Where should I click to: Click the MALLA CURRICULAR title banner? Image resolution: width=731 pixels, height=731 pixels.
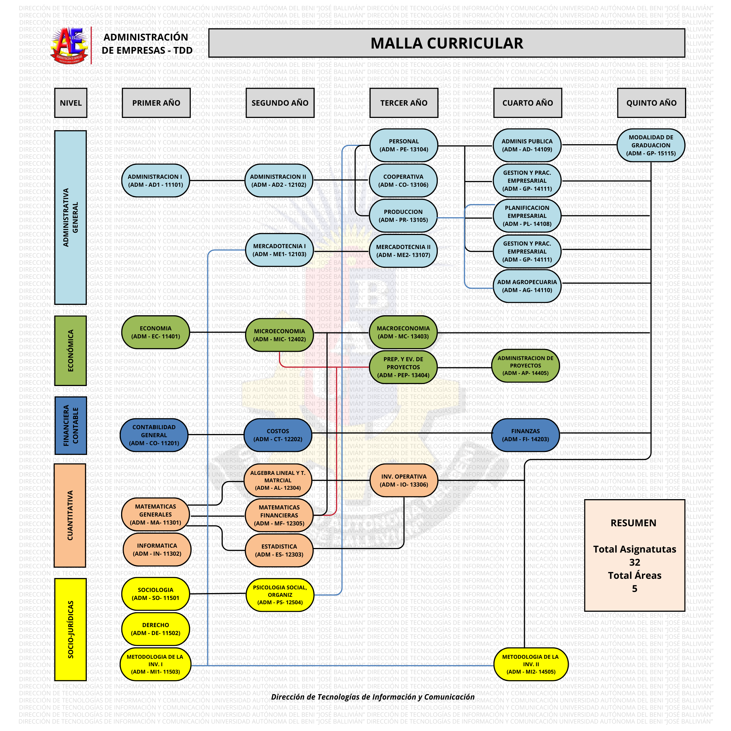(447, 43)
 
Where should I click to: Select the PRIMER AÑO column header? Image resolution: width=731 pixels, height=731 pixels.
(156, 103)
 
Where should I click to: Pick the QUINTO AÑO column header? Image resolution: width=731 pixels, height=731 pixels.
(651, 103)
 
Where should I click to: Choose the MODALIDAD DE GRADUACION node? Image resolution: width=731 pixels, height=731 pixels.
(650, 145)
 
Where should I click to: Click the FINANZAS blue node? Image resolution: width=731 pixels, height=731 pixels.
(525, 435)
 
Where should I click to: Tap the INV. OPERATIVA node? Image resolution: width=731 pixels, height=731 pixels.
(404, 481)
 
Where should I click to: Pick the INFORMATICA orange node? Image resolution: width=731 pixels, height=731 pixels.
(157, 549)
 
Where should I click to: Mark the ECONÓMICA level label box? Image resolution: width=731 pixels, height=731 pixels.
(70, 350)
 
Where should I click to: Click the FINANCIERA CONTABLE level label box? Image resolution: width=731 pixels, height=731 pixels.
(70, 425)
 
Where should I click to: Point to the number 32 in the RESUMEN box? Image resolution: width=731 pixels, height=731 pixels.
(634, 562)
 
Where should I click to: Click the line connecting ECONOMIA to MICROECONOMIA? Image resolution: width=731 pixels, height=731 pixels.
(218, 332)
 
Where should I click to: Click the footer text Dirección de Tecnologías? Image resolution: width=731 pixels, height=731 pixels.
(373, 697)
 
